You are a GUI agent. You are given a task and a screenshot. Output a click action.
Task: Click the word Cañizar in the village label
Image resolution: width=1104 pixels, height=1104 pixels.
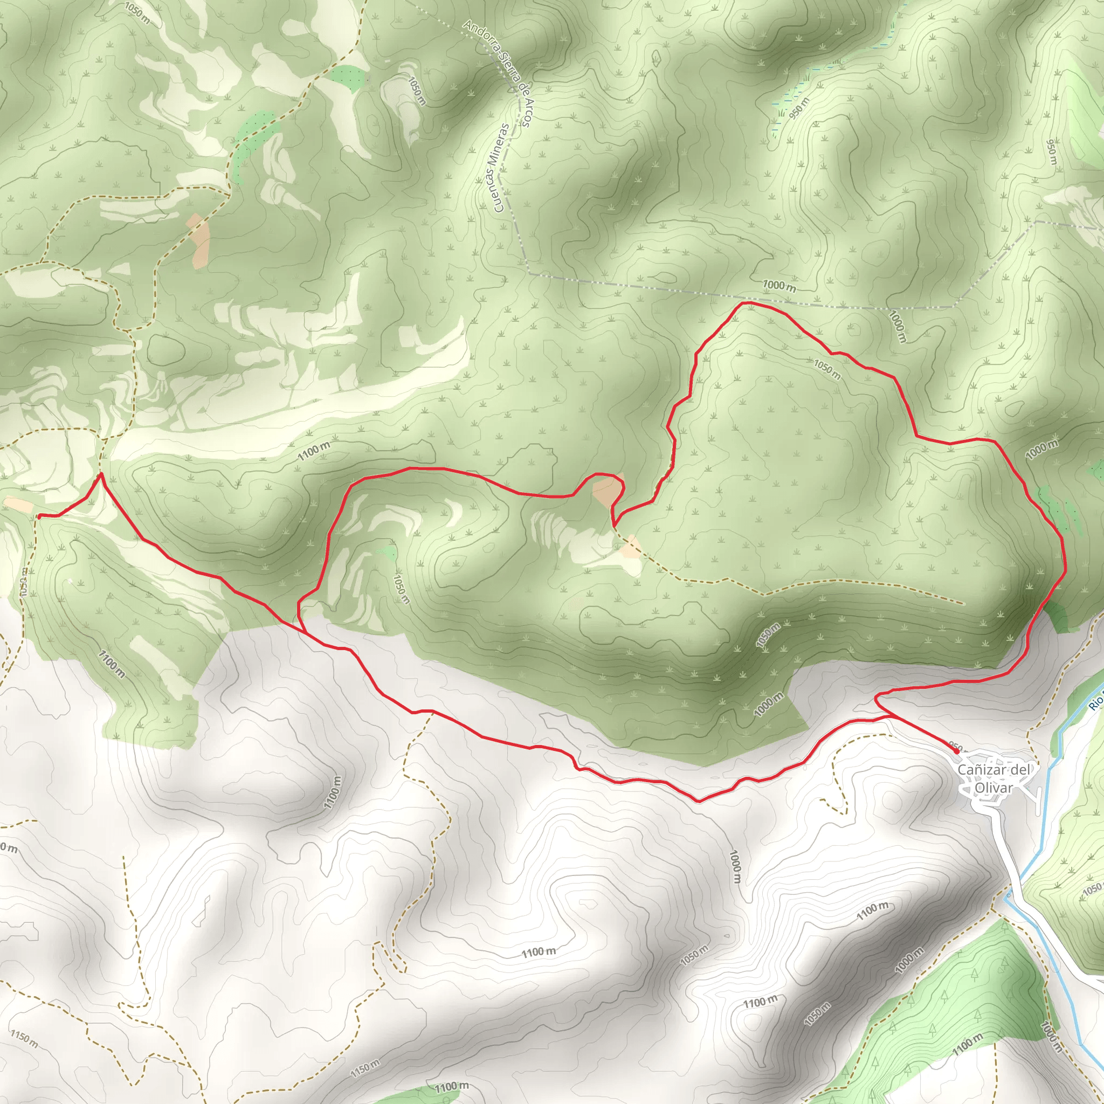979,770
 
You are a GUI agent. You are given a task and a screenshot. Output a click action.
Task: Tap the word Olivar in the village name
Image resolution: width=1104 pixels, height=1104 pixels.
993,788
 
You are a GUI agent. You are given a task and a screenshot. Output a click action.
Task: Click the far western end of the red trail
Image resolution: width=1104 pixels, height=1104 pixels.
38,516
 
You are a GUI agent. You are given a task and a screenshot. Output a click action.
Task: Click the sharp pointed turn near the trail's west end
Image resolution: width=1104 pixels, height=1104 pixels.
101,474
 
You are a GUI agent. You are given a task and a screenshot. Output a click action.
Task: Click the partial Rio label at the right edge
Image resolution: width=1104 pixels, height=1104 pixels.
1095,702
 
